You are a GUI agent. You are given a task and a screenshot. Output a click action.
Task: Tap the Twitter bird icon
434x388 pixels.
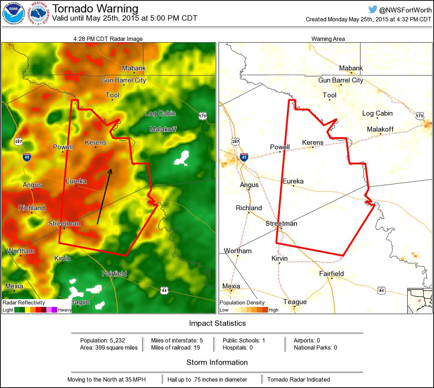click(373, 10)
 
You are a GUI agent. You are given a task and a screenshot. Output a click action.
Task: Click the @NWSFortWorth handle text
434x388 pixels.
click(405, 10)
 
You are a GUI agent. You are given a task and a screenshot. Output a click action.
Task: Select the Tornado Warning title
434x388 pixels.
click(95, 8)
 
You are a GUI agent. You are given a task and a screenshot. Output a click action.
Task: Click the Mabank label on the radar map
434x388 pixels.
click(134, 68)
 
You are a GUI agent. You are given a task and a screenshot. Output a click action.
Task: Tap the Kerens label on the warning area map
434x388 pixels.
click(312, 143)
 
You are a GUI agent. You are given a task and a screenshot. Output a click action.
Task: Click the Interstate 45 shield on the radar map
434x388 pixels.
click(27, 156)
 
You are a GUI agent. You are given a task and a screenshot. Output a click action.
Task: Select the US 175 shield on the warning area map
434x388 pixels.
click(420, 116)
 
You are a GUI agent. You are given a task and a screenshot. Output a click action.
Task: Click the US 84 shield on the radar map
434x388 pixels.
click(165, 290)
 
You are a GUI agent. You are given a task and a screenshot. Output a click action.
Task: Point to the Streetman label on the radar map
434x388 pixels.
click(64, 224)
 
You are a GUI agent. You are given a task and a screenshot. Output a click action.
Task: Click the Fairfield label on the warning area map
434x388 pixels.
click(331, 273)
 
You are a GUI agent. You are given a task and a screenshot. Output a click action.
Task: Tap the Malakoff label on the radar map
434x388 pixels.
click(163, 129)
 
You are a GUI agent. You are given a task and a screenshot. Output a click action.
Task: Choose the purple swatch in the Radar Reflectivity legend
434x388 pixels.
click(54, 310)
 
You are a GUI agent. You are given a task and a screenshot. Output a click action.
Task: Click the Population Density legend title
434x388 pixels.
click(242, 303)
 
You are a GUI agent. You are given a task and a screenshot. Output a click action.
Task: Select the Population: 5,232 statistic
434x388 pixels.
click(102, 340)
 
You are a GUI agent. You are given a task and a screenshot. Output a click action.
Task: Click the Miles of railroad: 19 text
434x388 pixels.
click(175, 348)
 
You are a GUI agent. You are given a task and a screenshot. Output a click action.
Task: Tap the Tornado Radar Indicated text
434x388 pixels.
click(298, 379)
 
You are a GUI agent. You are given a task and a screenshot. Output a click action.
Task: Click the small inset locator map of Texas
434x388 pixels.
click(420, 301)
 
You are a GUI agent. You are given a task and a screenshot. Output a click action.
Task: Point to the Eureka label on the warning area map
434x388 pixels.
click(293, 181)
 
